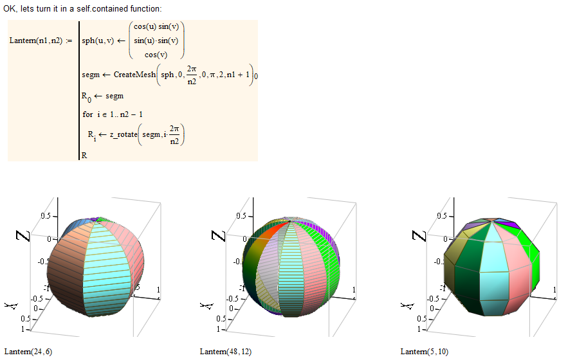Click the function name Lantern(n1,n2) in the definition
[x=36, y=40]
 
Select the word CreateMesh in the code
[x=134, y=75]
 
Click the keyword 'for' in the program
[x=87, y=114]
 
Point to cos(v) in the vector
[x=157, y=55]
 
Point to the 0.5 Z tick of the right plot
[x=440, y=215]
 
